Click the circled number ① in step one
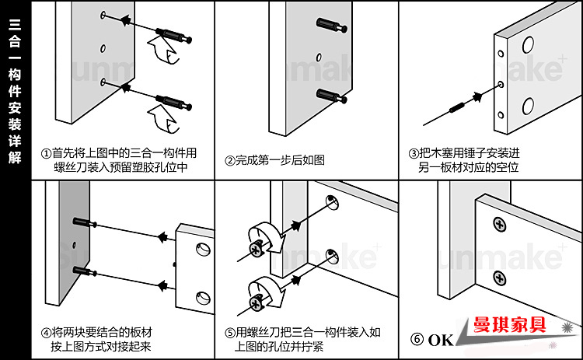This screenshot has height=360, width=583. tap(47, 153)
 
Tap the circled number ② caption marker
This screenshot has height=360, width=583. tap(230, 160)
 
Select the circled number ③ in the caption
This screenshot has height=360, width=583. tap(413, 153)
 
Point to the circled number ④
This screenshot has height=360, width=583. tap(47, 332)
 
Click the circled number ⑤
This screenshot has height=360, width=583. tap(230, 332)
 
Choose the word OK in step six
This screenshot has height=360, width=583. tap(440, 340)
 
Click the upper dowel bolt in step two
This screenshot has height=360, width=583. tap(326, 24)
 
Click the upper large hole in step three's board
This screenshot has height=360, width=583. tap(529, 44)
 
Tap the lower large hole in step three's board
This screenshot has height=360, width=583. tap(529, 107)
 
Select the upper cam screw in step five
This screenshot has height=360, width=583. tap(257, 249)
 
